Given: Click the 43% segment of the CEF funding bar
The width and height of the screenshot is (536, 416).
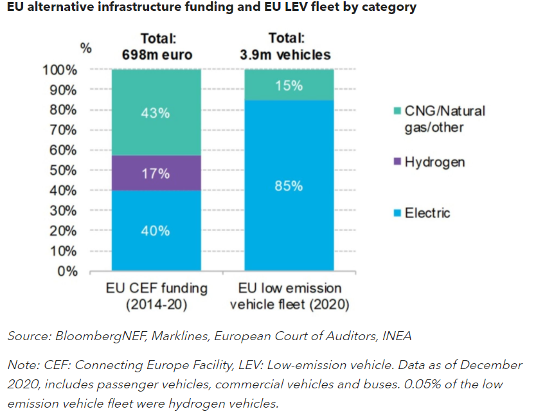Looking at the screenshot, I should point(156,113).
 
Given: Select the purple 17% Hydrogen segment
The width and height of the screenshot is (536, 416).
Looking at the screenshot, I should point(156,173).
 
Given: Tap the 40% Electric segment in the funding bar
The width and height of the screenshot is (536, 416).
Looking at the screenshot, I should point(156,230).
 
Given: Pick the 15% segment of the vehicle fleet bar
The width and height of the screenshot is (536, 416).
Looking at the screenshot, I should point(289,85).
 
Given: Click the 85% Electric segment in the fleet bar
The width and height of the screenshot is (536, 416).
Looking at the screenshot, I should point(289,186).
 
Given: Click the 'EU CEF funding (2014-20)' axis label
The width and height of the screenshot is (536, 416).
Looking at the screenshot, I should point(156,296).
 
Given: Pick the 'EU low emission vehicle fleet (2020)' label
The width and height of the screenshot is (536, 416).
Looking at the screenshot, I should point(289,296).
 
